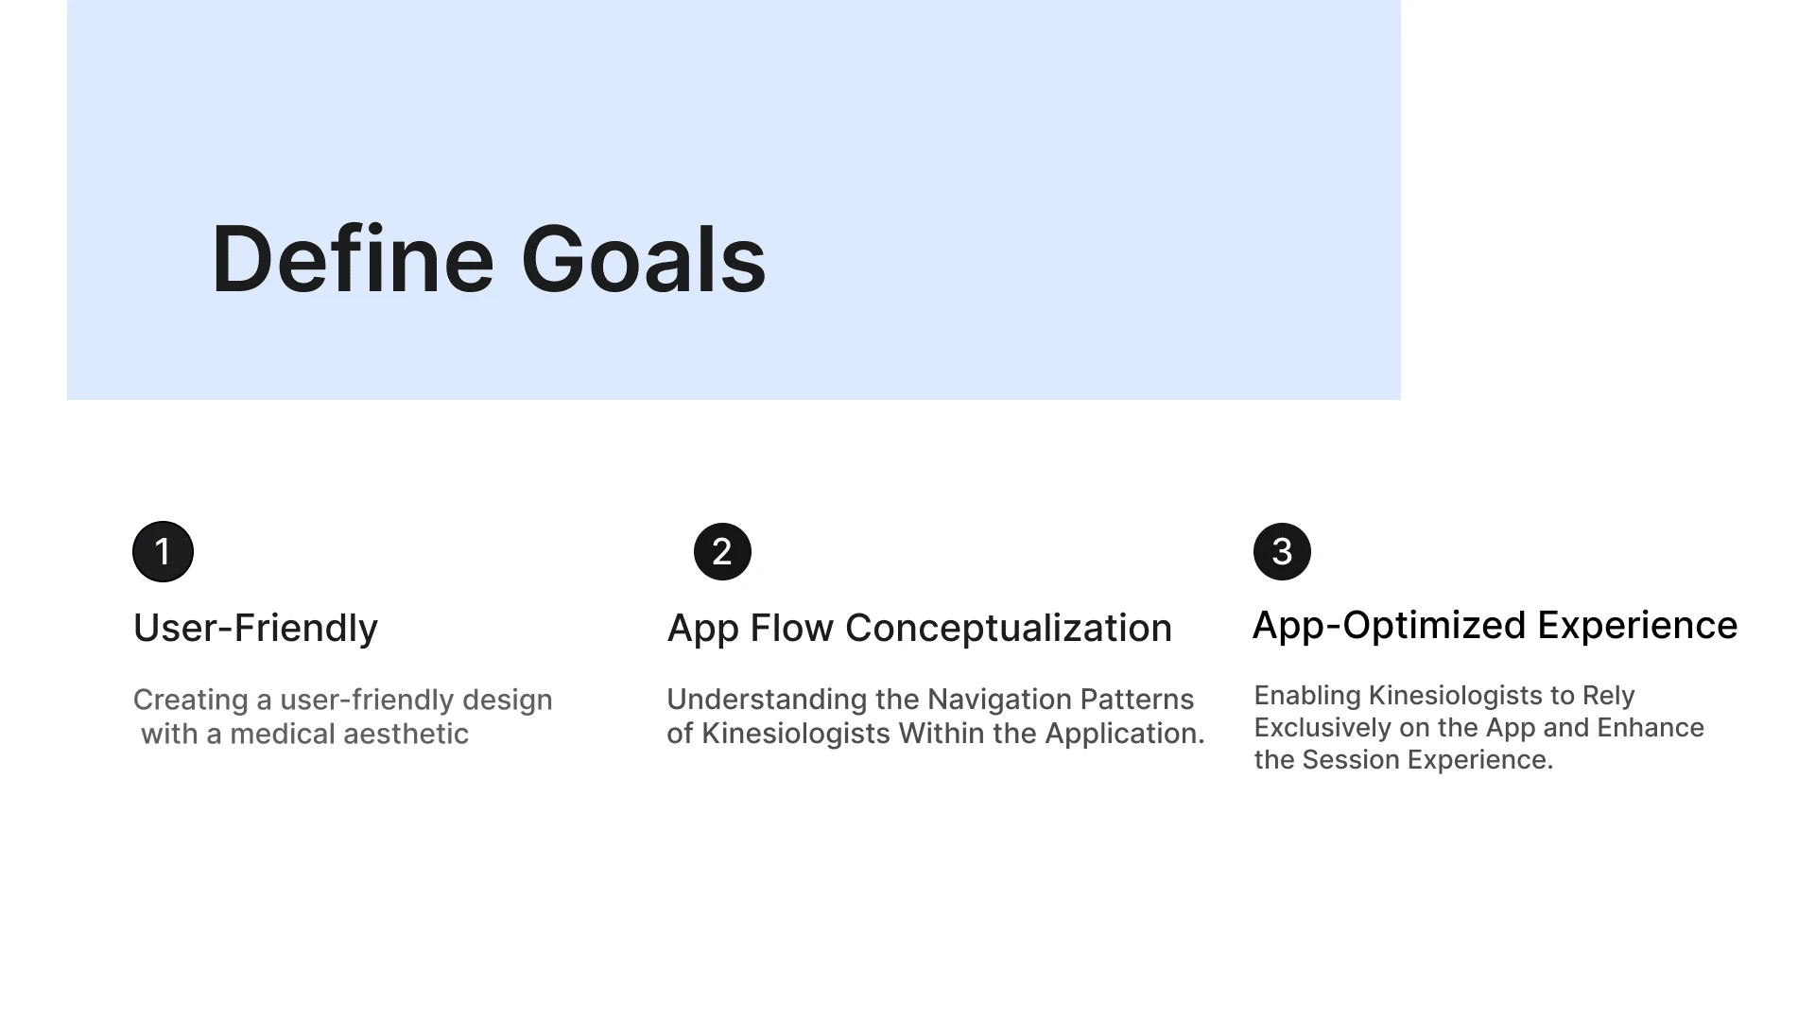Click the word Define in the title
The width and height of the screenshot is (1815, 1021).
click(x=353, y=259)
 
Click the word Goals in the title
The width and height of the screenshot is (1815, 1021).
click(x=644, y=259)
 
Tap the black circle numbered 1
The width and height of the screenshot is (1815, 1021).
click(x=163, y=551)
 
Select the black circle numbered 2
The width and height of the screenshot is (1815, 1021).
click(x=722, y=551)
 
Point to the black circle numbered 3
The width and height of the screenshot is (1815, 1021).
click(x=1282, y=551)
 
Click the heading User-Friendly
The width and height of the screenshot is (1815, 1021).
click(x=255, y=629)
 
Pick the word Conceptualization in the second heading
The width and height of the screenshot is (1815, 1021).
click(x=1009, y=629)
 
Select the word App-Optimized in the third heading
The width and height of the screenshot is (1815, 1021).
click(x=1390, y=626)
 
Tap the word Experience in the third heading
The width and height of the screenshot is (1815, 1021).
click(x=1637, y=626)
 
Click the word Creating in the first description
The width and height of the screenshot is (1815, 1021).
click(x=190, y=701)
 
